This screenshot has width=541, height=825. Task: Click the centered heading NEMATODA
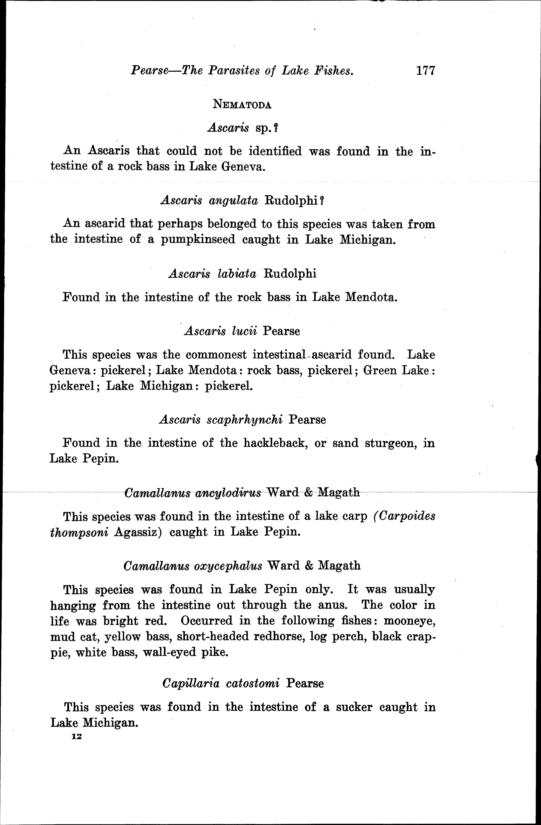click(x=242, y=104)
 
